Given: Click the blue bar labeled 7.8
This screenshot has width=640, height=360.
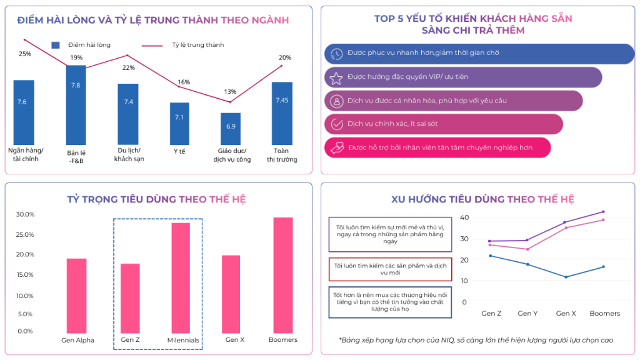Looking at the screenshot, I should coord(76,103).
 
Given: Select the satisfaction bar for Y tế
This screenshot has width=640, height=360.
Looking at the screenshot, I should coord(179,124).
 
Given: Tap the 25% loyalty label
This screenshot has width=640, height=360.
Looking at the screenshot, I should coord(25,54).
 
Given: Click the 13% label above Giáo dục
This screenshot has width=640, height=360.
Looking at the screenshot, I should coord(230,92).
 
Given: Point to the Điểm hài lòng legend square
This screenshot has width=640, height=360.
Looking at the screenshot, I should coord(56,45).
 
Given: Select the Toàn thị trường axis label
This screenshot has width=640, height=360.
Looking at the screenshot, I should coord(282,155).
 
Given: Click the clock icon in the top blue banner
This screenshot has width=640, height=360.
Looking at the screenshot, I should coord(336,54).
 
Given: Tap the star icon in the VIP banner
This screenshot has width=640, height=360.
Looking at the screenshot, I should coord(336,77).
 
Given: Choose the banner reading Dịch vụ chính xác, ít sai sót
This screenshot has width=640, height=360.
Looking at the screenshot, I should coord(444,124).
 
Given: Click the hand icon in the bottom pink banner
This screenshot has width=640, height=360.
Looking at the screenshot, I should coord(336,147).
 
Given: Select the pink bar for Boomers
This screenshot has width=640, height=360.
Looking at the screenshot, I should coord(282,275).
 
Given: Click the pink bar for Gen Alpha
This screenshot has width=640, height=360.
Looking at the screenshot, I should coord(77,295).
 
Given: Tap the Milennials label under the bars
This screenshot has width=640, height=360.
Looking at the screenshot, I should coord(183,341).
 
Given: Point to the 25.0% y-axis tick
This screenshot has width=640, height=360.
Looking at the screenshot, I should coord(25,234).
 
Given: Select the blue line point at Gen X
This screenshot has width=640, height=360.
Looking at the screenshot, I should coord(566,277).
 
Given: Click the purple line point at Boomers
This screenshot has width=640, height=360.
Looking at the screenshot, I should coord(603,212).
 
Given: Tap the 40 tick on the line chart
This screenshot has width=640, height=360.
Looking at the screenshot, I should coord(464,217).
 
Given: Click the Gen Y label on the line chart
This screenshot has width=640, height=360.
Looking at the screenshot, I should coord(527,313).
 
